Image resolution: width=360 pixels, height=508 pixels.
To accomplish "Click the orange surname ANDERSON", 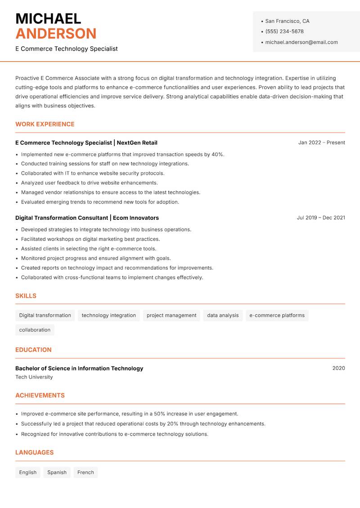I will pyautogui.click(x=56, y=34).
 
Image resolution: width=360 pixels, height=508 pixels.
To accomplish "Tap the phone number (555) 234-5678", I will pyautogui.click(x=284, y=31).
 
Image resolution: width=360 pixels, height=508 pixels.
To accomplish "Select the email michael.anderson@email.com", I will pyautogui.click(x=301, y=42).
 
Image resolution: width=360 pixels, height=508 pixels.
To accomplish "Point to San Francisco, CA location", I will pyautogui.click(x=287, y=21).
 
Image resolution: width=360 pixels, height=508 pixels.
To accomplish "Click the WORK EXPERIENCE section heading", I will pyautogui.click(x=45, y=124).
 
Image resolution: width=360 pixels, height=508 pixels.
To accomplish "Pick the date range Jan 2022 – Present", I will pyautogui.click(x=321, y=143).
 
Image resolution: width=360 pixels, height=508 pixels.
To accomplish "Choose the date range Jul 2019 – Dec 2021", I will pyautogui.click(x=321, y=218).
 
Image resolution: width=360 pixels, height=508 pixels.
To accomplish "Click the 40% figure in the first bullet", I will pyautogui.click(x=218, y=154).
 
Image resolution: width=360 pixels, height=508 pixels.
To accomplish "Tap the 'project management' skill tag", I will pyautogui.click(x=171, y=316).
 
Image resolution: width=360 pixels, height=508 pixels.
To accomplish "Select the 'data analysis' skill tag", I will pyautogui.click(x=223, y=316).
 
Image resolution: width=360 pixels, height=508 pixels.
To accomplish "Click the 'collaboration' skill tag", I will pyautogui.click(x=35, y=330).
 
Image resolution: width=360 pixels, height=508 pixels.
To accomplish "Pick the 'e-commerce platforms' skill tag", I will pyautogui.click(x=277, y=316).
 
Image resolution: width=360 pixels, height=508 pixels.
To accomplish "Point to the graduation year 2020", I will pyautogui.click(x=338, y=368).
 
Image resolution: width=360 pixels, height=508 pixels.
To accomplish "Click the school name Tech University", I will pyautogui.click(x=34, y=377).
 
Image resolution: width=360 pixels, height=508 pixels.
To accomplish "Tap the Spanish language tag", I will pyautogui.click(x=57, y=472).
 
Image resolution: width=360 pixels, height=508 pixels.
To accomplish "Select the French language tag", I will pyautogui.click(x=85, y=472).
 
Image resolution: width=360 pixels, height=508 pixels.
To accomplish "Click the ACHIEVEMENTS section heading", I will pyautogui.click(x=40, y=396).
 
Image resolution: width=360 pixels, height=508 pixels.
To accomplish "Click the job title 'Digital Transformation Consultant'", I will pyautogui.click(x=62, y=218).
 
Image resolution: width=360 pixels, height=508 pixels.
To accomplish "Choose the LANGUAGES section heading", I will pyautogui.click(x=34, y=453).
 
